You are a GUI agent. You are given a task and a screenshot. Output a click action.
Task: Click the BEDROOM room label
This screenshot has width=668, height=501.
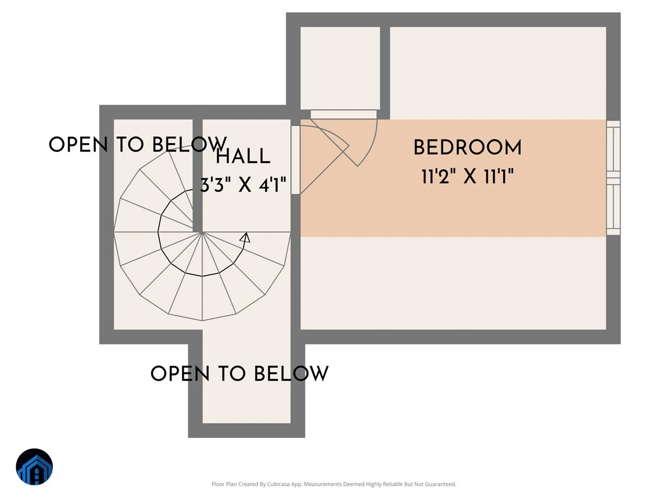click(468, 148)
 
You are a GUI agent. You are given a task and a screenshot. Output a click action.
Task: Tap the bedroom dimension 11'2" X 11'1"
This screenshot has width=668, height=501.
click(468, 176)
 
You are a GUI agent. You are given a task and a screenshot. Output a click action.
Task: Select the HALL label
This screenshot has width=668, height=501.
click(243, 156)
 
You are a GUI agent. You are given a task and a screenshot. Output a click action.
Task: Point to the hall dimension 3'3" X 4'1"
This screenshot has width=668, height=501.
click(243, 185)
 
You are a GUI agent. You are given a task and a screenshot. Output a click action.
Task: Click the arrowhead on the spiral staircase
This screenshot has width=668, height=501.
click(245, 238)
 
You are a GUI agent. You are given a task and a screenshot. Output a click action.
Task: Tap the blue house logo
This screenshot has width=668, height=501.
click(35, 466)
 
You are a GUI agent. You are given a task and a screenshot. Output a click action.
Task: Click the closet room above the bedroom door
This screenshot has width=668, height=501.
click(340, 68)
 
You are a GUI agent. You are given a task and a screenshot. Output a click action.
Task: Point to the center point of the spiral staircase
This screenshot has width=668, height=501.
click(202, 232)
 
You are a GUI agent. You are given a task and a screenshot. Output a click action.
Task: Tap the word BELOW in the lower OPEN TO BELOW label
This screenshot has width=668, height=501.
click(291, 374)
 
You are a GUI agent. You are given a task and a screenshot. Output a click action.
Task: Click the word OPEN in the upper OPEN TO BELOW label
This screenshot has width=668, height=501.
click(78, 144)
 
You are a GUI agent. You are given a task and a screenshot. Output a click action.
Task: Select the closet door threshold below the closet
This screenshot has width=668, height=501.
click(343, 114)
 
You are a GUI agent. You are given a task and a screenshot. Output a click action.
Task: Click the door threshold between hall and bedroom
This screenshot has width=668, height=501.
click(296, 160)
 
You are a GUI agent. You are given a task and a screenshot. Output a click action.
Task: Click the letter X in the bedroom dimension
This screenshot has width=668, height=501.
click(470, 176)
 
